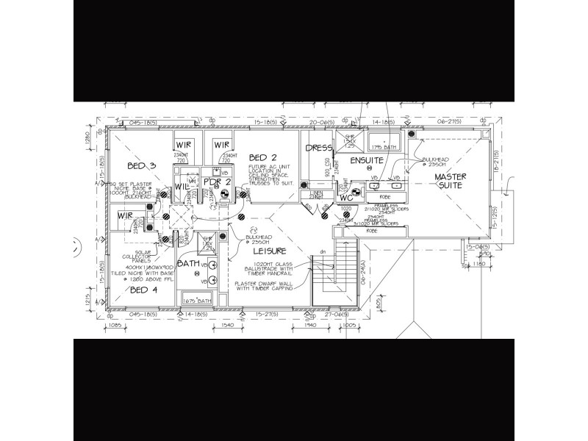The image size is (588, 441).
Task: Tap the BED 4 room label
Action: tap(143, 290)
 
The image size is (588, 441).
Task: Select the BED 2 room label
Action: tap(262, 157)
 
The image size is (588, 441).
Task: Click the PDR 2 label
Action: tap(218, 182)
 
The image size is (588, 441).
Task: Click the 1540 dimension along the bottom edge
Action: tap(226, 324)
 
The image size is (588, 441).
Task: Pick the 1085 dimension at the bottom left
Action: tap(114, 324)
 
